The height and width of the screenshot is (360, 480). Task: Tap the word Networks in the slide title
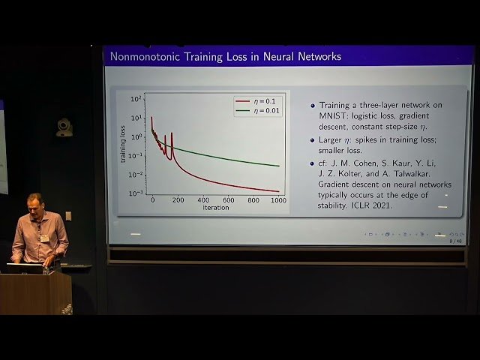pos(318,56)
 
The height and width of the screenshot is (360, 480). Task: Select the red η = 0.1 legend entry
pos(257,100)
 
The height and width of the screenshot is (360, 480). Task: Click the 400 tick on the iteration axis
pos(203,200)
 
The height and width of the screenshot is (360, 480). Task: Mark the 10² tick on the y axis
pos(136,99)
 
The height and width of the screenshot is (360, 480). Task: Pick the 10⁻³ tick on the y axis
pos(136,193)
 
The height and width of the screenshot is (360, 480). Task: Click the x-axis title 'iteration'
pos(216,208)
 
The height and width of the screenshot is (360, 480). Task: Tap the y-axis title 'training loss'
pos(122,144)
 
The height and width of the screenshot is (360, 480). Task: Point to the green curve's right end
pos(279,166)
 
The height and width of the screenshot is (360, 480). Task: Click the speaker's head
pos(34,204)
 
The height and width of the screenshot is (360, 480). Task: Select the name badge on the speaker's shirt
pos(44,238)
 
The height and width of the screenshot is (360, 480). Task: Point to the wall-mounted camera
pos(64,127)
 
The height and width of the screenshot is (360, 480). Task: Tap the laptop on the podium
pos(25,268)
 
